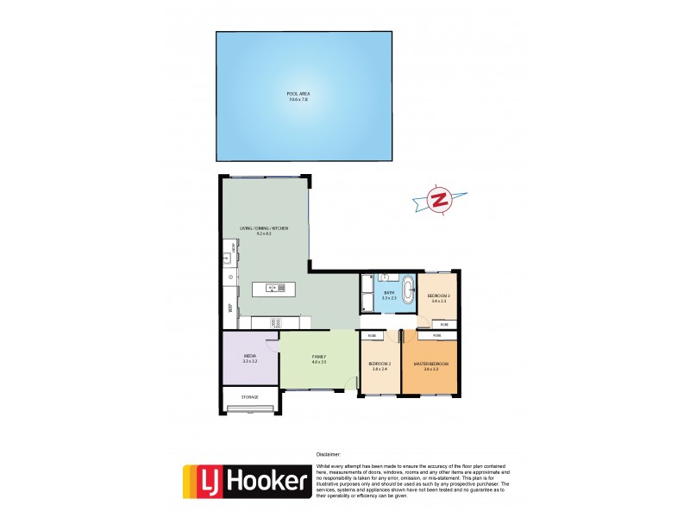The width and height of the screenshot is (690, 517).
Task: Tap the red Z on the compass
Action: pyautogui.click(x=440, y=200)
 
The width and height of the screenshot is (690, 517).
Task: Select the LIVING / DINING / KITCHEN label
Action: pyautogui.click(x=264, y=229)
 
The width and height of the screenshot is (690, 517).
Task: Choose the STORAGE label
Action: pyautogui.click(x=250, y=397)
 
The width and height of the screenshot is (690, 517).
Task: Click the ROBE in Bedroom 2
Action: pyautogui.click(x=372, y=335)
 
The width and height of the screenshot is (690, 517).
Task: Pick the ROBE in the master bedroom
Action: pyautogui.click(x=437, y=335)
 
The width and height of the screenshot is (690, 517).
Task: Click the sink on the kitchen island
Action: pyautogui.click(x=274, y=288)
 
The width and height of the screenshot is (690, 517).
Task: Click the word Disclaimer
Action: pyautogui.click(x=329, y=453)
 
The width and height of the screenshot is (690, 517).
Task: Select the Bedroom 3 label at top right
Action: pyautogui.click(x=439, y=298)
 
